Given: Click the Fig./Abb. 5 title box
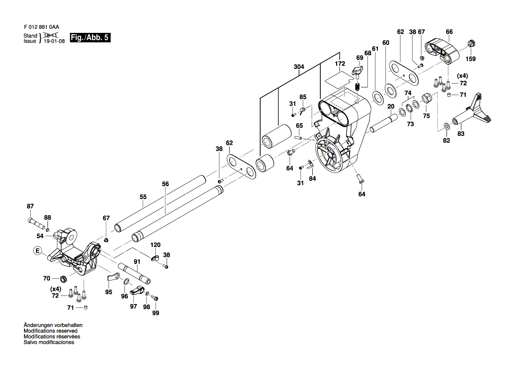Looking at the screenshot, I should point(90,38).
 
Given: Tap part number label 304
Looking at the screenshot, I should point(299,67).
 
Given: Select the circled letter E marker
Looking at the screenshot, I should point(38,251).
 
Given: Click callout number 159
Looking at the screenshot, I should point(471,59).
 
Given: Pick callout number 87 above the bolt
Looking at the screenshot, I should point(30,206).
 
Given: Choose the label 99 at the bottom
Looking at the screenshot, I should point(155,313).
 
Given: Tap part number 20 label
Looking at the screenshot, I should point(391,107).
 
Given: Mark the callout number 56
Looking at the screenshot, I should point(165,183).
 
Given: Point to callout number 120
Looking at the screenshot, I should point(155,245).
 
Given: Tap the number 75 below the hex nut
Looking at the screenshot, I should point(426,116).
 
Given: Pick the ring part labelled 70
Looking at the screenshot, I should point(63,279).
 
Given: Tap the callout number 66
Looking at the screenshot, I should point(449,32).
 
